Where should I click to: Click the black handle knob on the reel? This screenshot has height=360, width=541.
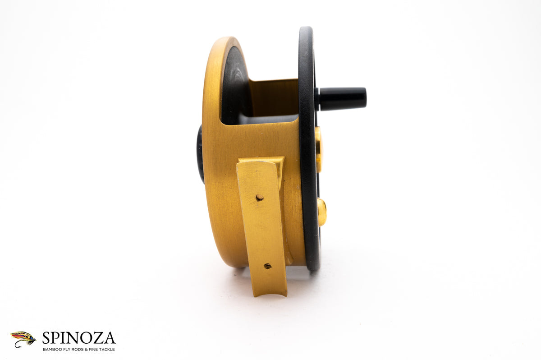[x=343, y=98]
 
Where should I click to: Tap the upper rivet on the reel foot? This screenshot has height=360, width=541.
[x=259, y=198]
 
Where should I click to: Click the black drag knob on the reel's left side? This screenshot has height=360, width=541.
[x=200, y=155]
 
